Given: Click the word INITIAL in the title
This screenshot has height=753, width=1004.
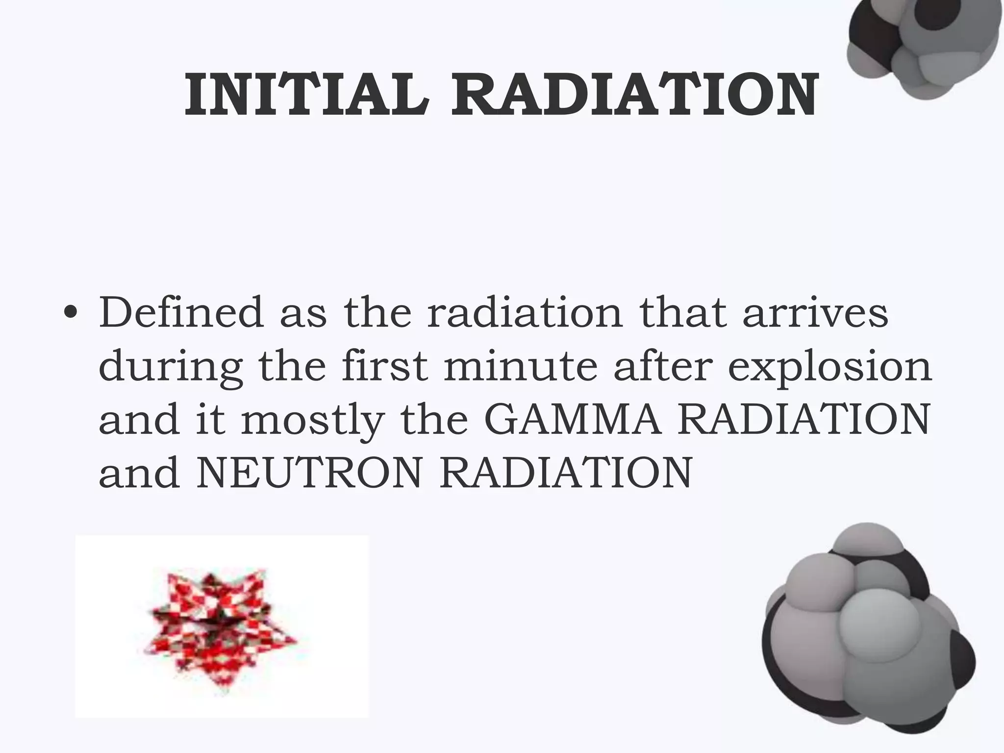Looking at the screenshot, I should [x=306, y=95].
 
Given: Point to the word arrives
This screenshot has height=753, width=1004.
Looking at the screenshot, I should [x=815, y=312].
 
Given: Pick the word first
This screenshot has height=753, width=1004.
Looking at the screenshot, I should [x=385, y=366].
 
